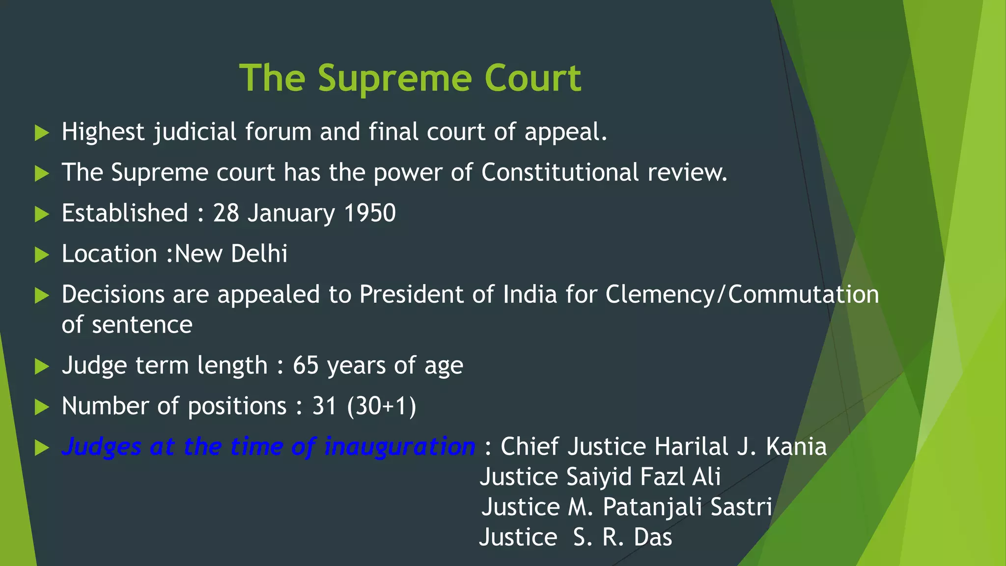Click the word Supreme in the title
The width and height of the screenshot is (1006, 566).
coord(394,79)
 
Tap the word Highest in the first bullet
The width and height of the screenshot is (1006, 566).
coord(103,132)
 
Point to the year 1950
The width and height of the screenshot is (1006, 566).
coord(370,213)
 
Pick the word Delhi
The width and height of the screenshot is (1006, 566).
coord(259,254)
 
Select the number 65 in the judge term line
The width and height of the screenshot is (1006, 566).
coord(306,366)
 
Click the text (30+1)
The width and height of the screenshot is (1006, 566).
coord(382,406)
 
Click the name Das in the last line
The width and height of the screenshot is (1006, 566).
coord(653,538)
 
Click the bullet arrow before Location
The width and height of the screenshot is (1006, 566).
coord(42,255)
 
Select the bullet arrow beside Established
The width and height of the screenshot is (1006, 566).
coord(42,214)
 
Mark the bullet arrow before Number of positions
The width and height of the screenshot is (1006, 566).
coord(42,407)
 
